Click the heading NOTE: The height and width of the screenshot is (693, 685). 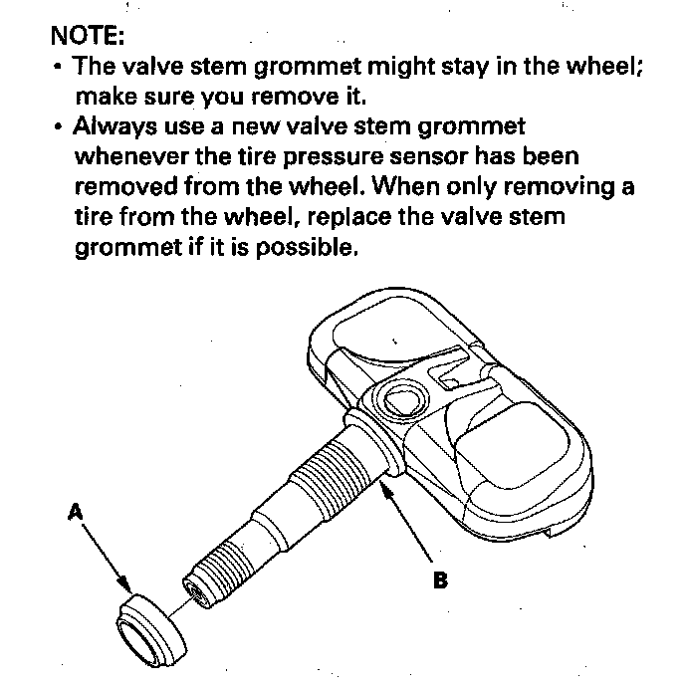point(89,38)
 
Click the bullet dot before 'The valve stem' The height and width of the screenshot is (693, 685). point(61,68)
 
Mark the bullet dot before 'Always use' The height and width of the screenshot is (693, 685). point(61,127)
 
